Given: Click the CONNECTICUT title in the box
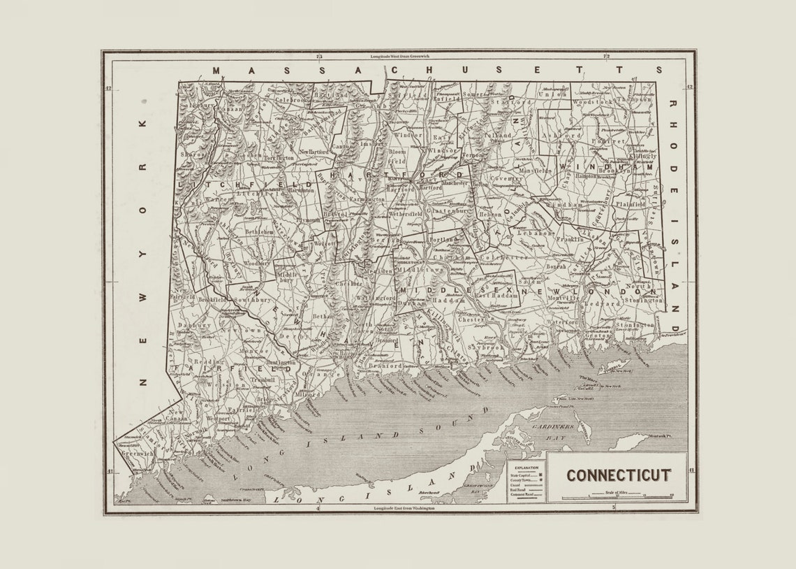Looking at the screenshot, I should coord(618,475).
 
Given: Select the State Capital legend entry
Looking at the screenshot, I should coord(525,475).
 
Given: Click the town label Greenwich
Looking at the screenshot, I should coord(137,453).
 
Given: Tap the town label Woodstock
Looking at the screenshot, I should coord(591,102).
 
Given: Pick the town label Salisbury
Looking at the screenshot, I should coord(198,105).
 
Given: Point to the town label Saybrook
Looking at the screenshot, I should coord(486,347).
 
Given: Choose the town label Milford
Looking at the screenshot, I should coord(308,395).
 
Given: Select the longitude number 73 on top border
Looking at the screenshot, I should coord(319,56).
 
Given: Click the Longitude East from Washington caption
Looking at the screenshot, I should coord(404,508).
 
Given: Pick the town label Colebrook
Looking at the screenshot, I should coord(289,100).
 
